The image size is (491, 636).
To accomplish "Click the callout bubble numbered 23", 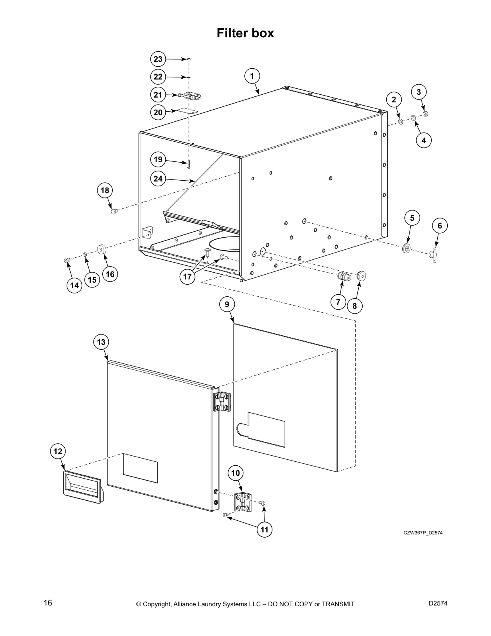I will pyautogui.click(x=158, y=59).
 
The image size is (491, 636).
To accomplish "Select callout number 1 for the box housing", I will pyautogui.click(x=252, y=76).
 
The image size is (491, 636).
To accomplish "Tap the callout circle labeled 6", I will pyautogui.click(x=440, y=226).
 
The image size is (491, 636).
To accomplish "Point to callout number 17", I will pyautogui.click(x=187, y=277).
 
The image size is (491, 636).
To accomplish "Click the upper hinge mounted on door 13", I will pyautogui.click(x=222, y=402).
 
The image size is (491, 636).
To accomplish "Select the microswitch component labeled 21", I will pyautogui.click(x=191, y=96).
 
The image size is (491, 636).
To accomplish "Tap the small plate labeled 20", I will pyautogui.click(x=187, y=111).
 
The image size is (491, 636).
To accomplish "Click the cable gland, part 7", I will pyautogui.click(x=342, y=276).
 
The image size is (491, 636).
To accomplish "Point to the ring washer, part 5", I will pyautogui.click(x=407, y=248).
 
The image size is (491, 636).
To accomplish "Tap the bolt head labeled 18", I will pyautogui.click(x=114, y=210).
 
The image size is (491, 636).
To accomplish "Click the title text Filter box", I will pyautogui.click(x=245, y=33).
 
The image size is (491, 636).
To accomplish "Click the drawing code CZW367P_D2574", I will pyautogui.click(x=423, y=533).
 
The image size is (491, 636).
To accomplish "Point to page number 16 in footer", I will pyautogui.click(x=48, y=603).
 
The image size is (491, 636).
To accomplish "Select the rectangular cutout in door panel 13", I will pyautogui.click(x=140, y=468).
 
